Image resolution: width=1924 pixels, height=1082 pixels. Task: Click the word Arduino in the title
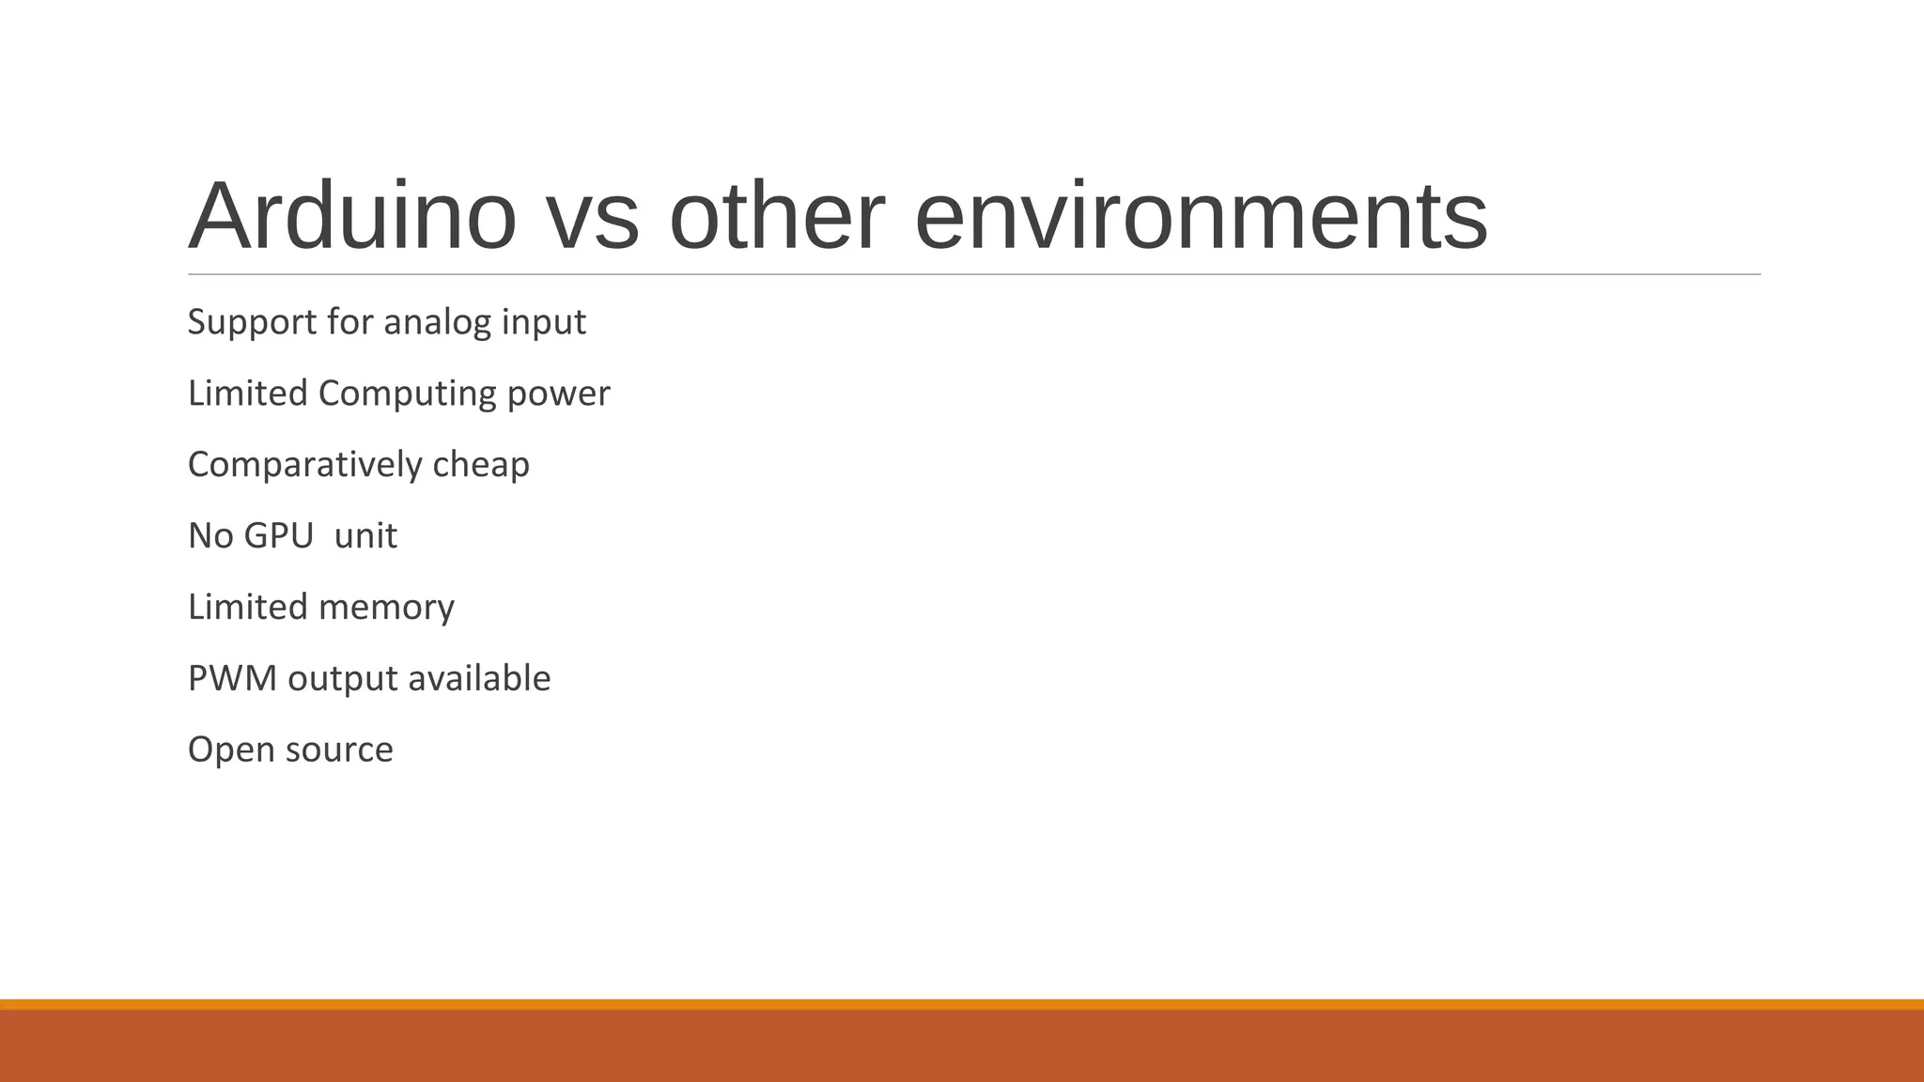tap(352, 217)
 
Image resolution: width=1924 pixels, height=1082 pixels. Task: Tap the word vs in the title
tap(592, 217)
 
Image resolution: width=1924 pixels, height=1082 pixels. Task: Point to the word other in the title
tap(776, 217)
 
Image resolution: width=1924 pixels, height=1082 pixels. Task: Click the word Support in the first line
tap(252, 323)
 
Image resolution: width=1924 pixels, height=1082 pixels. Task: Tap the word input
tap(543, 323)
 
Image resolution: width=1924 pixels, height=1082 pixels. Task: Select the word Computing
tap(407, 394)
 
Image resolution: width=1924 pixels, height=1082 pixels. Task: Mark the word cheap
tap(481, 465)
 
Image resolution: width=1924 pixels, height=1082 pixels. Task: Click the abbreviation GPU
tap(278, 536)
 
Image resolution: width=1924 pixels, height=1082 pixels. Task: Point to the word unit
tap(365, 536)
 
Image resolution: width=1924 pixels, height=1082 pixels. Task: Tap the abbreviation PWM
tap(232, 678)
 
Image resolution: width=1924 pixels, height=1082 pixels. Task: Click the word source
tap(339, 750)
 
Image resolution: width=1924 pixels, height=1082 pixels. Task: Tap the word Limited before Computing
tap(248, 394)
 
